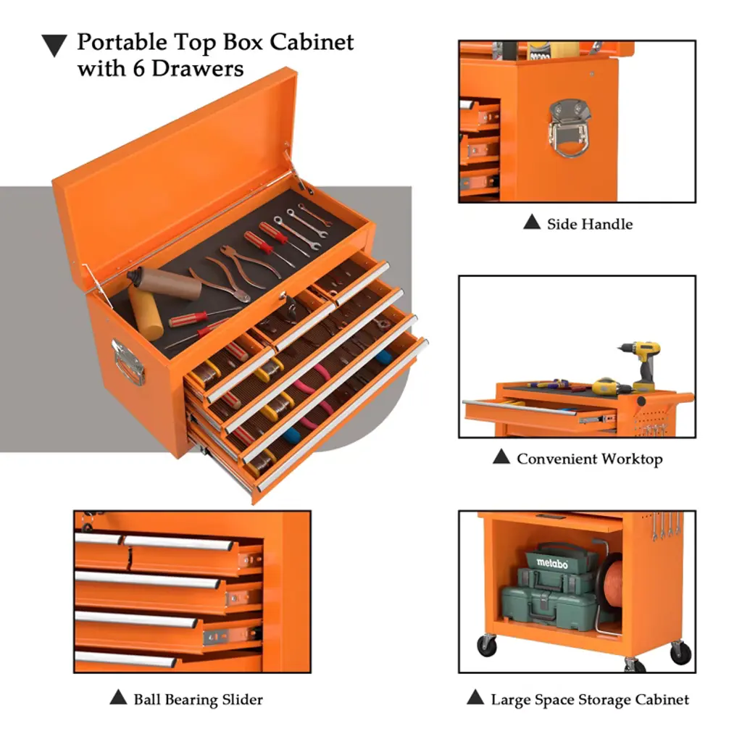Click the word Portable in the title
(x=122, y=43)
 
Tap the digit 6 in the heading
(x=138, y=69)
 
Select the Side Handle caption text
(x=590, y=224)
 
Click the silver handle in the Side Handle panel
(x=570, y=128)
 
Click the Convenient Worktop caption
(x=590, y=459)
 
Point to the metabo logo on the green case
(x=552, y=563)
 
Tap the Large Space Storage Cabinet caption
(x=590, y=699)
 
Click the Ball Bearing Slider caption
(x=198, y=699)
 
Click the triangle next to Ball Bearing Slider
(x=118, y=697)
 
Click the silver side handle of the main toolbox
(x=128, y=362)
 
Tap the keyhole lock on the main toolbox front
(x=283, y=296)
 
